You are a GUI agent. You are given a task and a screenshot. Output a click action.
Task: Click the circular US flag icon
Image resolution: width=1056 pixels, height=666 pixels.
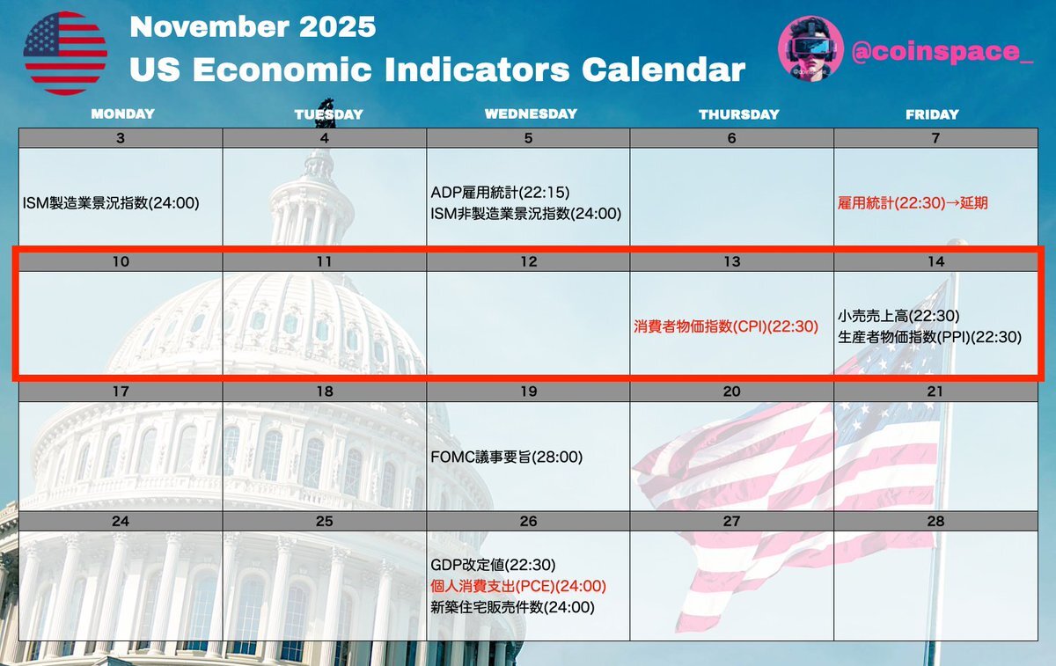[x=65, y=54]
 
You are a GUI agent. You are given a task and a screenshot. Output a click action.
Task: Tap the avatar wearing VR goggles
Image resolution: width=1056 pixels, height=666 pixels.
[x=810, y=48]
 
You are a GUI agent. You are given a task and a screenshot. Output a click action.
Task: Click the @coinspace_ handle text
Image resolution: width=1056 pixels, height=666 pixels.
[x=942, y=51]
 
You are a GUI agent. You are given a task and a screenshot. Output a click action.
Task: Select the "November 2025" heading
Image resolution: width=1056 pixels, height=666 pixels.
[x=253, y=26]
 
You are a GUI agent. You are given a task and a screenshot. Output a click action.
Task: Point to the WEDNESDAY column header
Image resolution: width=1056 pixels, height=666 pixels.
[x=531, y=113]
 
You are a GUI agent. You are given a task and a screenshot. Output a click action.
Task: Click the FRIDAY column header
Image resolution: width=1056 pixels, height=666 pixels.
[x=932, y=114]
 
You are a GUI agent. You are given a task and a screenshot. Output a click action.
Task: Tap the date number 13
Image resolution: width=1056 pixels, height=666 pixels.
[x=732, y=261]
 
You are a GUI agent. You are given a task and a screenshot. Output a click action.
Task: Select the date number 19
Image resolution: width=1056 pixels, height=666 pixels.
[x=529, y=392]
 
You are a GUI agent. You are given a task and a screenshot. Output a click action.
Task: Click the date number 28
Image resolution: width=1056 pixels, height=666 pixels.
[x=935, y=521]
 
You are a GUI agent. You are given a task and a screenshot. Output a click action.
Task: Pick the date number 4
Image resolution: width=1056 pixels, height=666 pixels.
[x=325, y=138]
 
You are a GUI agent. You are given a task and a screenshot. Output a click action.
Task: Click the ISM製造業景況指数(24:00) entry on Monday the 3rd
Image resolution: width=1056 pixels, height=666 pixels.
[x=111, y=203]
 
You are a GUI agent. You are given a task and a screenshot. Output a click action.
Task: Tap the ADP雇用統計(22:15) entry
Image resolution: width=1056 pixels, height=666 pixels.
[x=500, y=193]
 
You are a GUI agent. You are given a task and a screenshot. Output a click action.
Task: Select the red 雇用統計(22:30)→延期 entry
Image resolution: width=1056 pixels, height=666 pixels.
[x=913, y=203]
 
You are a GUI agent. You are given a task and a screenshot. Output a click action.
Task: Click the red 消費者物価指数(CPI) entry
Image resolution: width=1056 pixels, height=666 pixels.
[x=726, y=326]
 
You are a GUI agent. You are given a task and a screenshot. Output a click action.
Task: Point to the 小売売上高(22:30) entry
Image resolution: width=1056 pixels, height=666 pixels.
[x=898, y=316]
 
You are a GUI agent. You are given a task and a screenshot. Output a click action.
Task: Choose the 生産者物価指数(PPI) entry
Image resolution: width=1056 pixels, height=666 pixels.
[x=929, y=337]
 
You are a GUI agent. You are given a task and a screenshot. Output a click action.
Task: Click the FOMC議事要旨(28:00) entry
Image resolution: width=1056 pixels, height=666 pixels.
[x=507, y=457]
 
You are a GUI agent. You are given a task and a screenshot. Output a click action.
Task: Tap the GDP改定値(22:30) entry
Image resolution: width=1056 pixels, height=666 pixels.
[x=493, y=565]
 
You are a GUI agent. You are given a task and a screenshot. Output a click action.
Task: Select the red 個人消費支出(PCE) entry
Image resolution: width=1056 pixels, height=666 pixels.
[x=518, y=586]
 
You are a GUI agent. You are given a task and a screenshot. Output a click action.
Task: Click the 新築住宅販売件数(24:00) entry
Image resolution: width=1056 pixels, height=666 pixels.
[x=512, y=607]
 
